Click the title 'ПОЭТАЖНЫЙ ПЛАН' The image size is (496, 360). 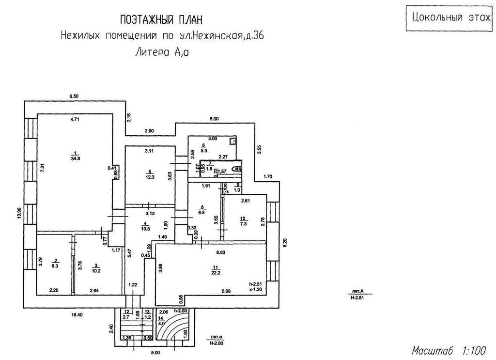coord(161,20)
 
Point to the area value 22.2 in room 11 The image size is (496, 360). coord(216,273)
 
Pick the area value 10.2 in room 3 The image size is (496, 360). coord(97,270)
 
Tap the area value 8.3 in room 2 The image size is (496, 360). coord(55,266)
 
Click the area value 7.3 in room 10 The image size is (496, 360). coord(244,224)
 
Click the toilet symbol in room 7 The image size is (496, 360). coord(236,169)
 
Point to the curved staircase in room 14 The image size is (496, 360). coord(174,329)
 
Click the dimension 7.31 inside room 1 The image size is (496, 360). coord(42,168)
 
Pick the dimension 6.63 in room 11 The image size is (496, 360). coord(220,252)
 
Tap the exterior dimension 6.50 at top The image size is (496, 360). coord(74,97)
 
